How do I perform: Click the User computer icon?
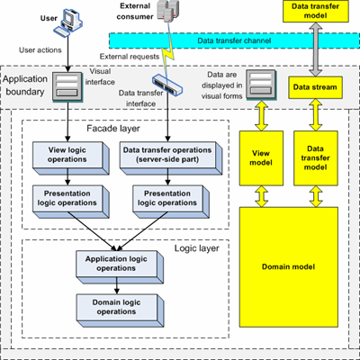click(x=68, y=22)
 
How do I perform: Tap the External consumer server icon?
click(x=168, y=11)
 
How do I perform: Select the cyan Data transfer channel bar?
click(x=234, y=40)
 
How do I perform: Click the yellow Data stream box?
click(x=315, y=87)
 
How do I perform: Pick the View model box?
click(x=261, y=158)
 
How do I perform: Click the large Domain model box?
click(x=289, y=267)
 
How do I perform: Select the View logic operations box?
click(x=71, y=158)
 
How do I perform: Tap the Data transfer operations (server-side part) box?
click(x=171, y=158)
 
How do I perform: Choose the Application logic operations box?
click(x=120, y=267)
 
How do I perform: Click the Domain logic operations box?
click(x=120, y=310)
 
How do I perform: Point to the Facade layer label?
click(x=113, y=129)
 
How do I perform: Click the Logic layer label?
click(x=197, y=248)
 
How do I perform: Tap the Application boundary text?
click(x=25, y=85)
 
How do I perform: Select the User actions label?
click(x=40, y=49)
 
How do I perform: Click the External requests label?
click(x=130, y=57)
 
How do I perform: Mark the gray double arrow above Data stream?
click(x=315, y=49)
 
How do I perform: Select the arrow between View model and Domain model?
click(x=262, y=196)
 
